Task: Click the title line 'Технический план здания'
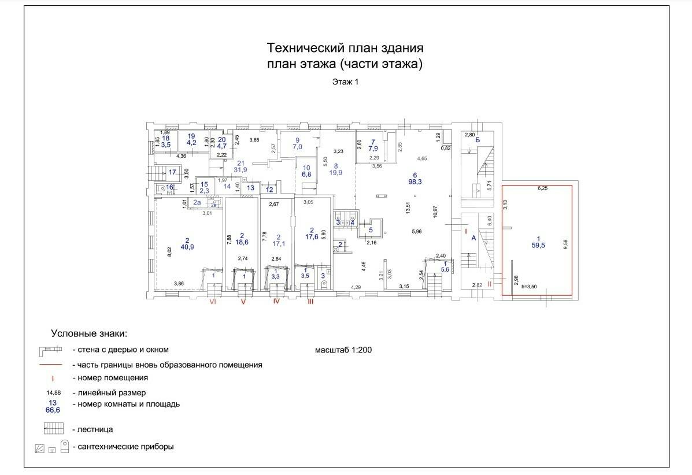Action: tap(345, 47)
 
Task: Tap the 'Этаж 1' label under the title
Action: tap(345, 82)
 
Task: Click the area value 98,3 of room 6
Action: tap(414, 183)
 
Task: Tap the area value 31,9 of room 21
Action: tap(241, 169)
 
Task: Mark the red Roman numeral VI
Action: tap(213, 302)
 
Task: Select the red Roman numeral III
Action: tap(310, 302)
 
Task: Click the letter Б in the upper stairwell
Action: tap(478, 140)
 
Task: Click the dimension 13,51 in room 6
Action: tap(408, 207)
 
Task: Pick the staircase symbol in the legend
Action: tap(53, 429)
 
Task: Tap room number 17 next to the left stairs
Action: tap(172, 172)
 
